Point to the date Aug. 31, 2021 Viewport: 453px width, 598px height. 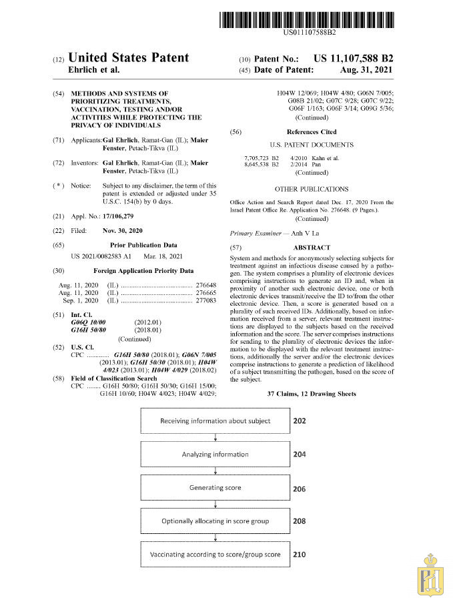[x=366, y=69]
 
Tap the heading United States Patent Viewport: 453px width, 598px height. [x=129, y=59]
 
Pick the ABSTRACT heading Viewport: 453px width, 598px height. [x=311, y=247]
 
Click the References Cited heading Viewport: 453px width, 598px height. [x=312, y=132]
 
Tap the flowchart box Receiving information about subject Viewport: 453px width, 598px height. [x=215, y=421]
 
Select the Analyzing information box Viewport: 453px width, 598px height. [x=215, y=455]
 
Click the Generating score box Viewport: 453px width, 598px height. [x=215, y=488]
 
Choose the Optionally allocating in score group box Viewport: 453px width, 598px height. [x=215, y=521]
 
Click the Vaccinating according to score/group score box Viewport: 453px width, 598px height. [x=215, y=555]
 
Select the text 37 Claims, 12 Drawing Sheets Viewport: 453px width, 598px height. [x=311, y=394]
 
